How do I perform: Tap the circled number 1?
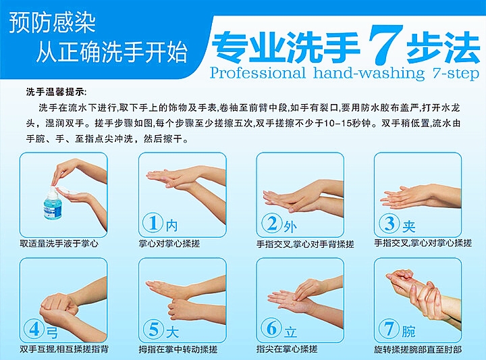pos(153,223)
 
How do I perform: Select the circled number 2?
pos(272,223)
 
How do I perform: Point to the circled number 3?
pos(389,224)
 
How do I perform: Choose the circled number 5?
pos(153,329)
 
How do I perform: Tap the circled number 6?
pos(271,328)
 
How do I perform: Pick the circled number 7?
pos(389,328)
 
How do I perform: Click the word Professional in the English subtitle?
pos(258,73)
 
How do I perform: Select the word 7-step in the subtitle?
pos(456,74)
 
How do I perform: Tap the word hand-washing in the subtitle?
pos(369,74)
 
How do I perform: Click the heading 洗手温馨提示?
pos(57,92)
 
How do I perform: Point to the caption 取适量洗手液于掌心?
pos(59,244)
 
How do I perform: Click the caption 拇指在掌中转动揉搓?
pos(178,350)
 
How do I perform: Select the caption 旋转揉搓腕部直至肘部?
pos(418,350)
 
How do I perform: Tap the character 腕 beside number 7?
pos(408,332)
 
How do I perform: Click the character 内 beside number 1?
pos(171,226)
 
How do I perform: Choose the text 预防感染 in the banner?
pos(53,23)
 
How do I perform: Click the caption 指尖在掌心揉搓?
pos(287,349)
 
